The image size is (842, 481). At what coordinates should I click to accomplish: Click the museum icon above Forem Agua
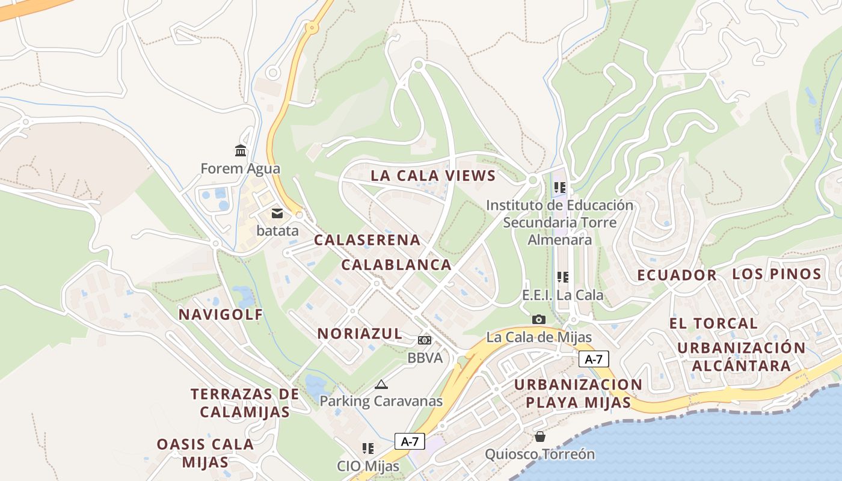pos(241,150)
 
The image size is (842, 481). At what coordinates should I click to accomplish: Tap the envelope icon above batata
pos(277,213)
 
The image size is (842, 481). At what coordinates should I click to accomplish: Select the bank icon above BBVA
pos(425,340)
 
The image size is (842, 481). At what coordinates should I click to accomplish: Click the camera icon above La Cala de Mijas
pos(539,319)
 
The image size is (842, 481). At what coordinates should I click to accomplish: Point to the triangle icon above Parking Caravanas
pos(381,384)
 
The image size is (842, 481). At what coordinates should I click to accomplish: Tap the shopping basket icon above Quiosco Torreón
pos(540,436)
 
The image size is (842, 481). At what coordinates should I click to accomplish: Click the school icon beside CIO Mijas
pos(368,449)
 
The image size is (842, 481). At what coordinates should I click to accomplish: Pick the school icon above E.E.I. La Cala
pos(562,277)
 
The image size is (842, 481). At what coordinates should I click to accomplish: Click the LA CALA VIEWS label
pos(433,176)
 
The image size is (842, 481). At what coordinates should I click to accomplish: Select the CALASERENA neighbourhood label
pos(367,240)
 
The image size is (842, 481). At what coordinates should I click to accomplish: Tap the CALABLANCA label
pos(396,265)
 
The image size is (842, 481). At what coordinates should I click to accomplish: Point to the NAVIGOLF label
pos(221,314)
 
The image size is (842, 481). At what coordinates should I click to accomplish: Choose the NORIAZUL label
pos(360,334)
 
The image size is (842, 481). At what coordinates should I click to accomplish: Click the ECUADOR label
pos(677,275)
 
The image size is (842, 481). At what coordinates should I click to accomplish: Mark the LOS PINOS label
pos(776,274)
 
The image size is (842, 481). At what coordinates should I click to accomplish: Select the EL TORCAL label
pos(713,323)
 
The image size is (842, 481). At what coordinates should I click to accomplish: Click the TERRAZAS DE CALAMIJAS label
pos(245,403)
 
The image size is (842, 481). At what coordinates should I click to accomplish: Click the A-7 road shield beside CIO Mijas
pos(410,441)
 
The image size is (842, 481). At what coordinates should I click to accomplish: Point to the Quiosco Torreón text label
pos(539,454)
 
